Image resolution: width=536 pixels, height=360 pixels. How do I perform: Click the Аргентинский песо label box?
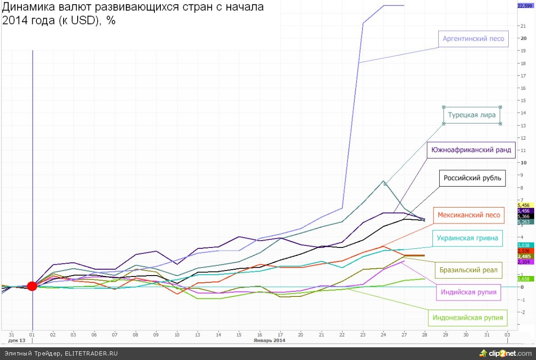[473, 39]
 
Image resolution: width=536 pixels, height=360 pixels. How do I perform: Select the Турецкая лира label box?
[471, 115]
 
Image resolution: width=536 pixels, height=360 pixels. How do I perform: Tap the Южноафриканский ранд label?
[471, 150]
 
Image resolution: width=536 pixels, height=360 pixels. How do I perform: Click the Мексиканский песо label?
[469, 215]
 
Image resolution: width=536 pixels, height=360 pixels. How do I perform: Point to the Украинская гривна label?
[467, 238]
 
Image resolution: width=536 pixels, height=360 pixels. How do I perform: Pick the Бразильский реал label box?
[468, 271]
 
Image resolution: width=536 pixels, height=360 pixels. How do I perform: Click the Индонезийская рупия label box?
[468, 318]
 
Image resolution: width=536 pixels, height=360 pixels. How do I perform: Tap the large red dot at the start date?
[32, 286]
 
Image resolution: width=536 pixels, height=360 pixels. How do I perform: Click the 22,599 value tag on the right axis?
[525, 5]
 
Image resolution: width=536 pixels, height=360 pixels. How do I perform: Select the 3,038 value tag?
[524, 245]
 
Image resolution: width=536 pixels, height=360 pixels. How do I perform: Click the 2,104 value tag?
[524, 262]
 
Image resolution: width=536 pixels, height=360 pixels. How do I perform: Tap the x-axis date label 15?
[238, 334]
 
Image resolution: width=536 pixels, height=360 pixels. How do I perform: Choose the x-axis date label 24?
[383, 334]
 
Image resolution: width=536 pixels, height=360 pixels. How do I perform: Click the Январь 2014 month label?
[269, 340]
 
